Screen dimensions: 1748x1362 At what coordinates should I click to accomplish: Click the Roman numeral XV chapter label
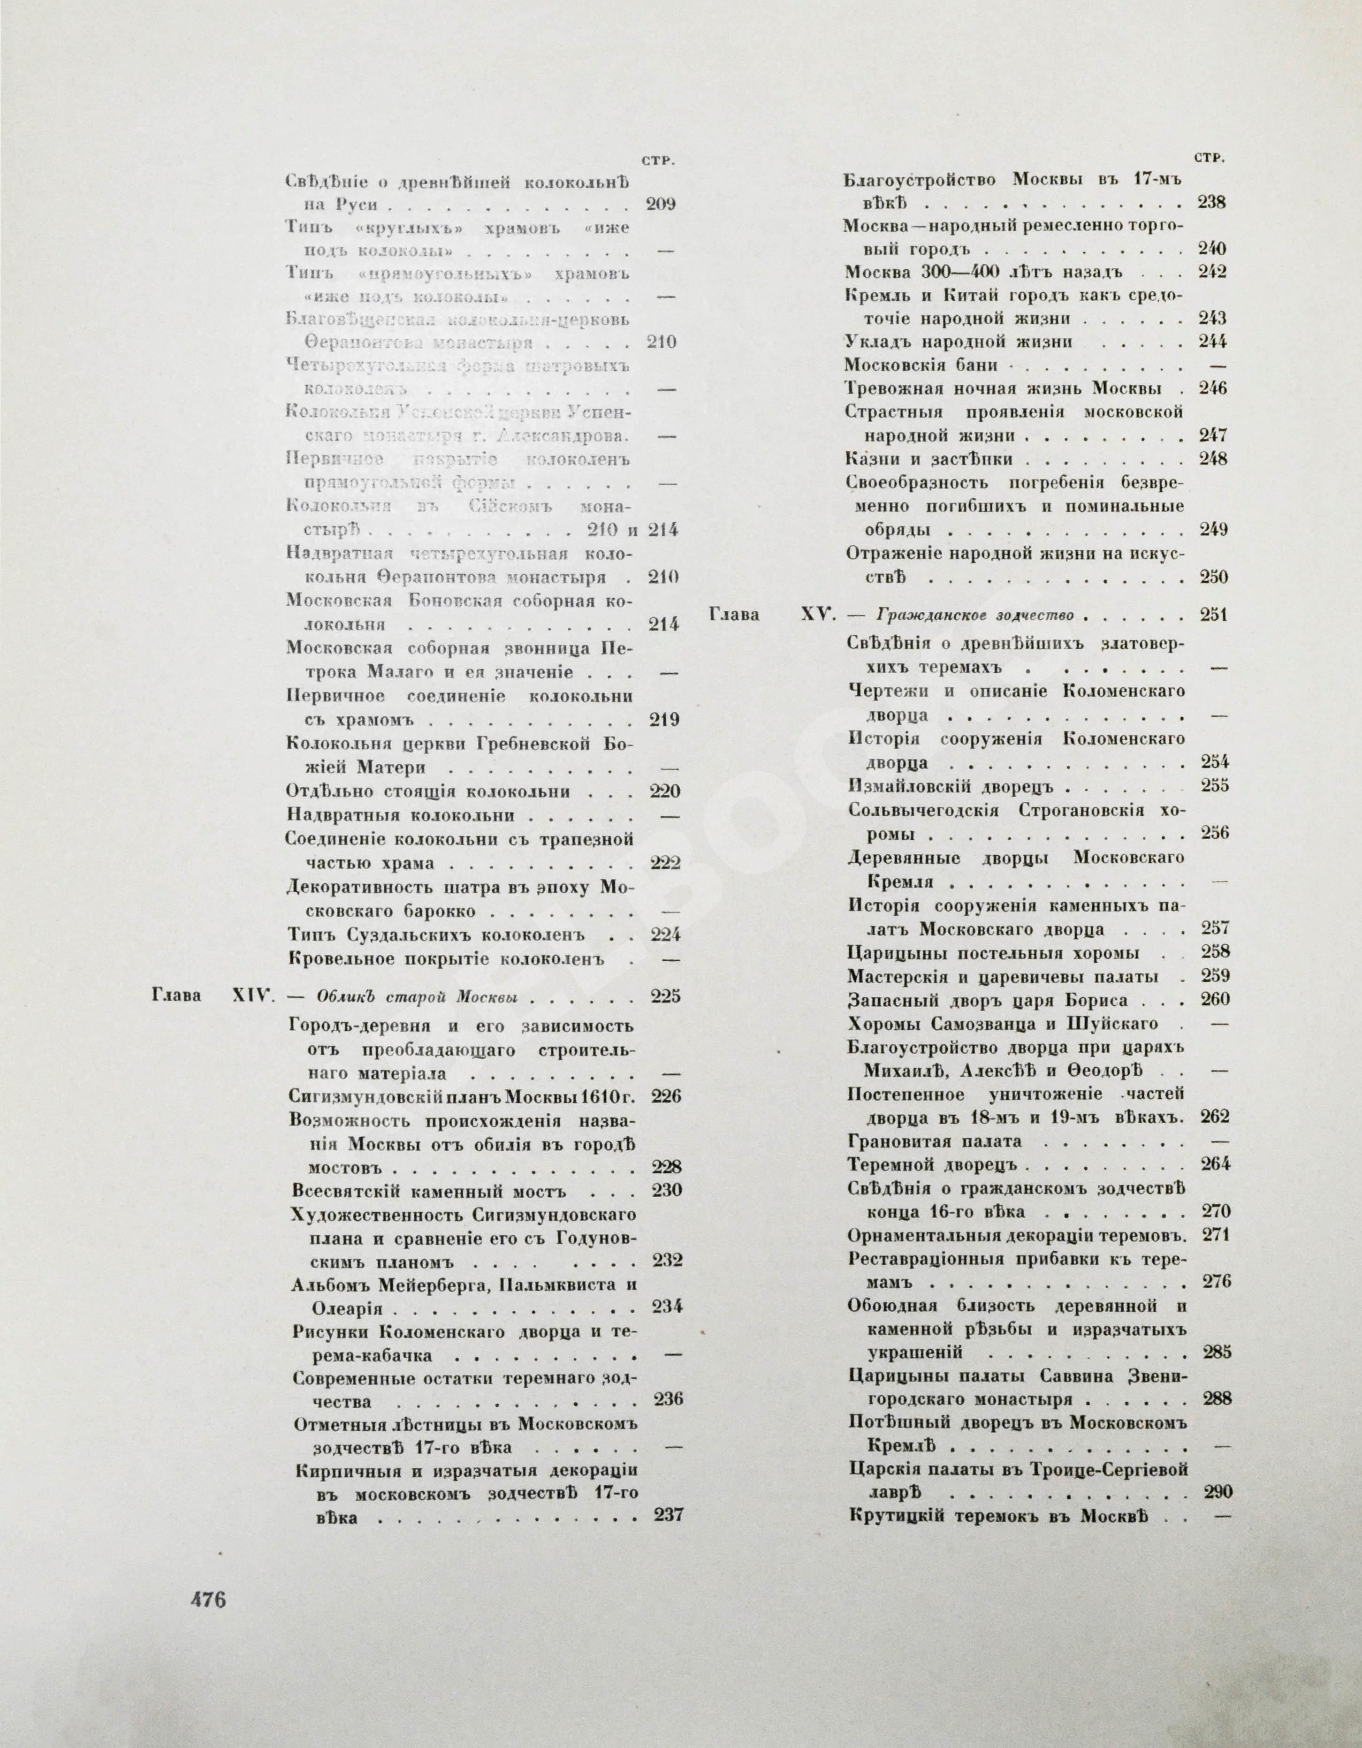click(817, 615)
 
